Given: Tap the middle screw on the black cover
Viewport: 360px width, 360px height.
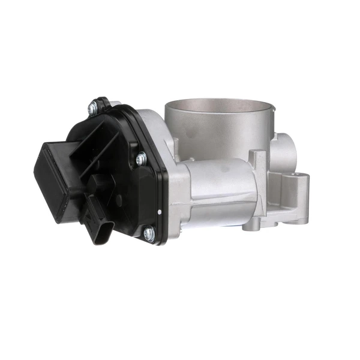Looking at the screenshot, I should (141, 159).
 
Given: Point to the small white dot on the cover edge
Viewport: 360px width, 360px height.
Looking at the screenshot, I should (158, 211).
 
